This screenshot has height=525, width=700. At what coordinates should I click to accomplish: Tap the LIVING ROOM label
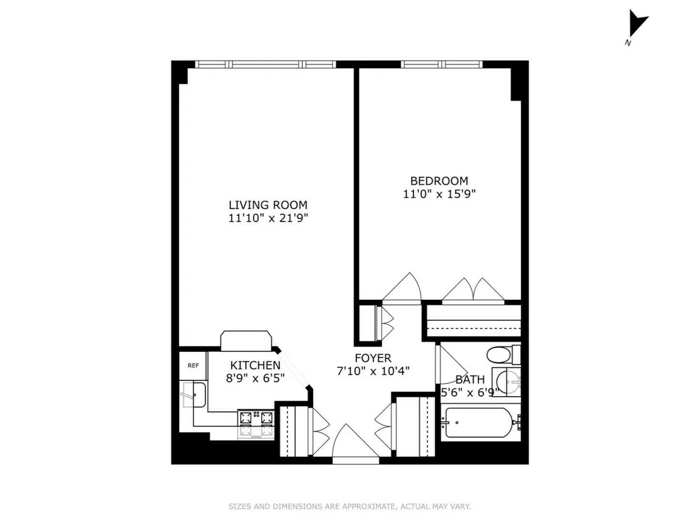click(268, 205)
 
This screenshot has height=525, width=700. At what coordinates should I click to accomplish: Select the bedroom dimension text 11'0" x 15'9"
click(439, 194)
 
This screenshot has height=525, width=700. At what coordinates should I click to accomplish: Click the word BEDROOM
click(439, 181)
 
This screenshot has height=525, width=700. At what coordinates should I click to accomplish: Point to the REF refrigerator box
click(192, 366)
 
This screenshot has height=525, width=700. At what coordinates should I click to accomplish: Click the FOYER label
click(373, 358)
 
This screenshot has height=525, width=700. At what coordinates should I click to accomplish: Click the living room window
click(265, 64)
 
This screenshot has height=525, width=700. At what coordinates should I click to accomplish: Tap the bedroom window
click(442, 64)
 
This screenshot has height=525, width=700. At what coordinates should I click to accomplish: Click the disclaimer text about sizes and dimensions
click(349, 506)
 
